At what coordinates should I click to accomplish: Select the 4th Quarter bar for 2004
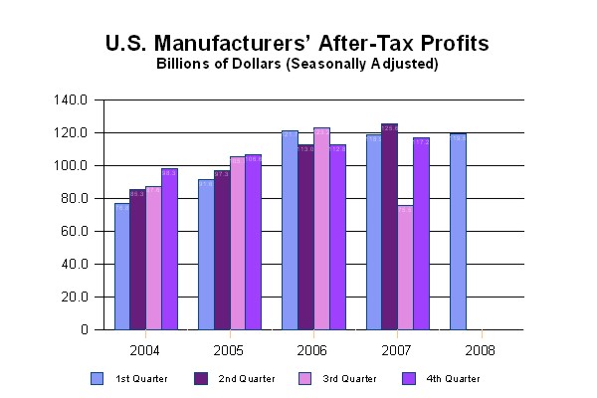coord(169,250)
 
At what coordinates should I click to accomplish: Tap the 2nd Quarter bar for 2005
coord(221,250)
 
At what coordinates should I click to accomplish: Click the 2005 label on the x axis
coord(230,350)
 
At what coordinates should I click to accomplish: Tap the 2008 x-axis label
coord(482,350)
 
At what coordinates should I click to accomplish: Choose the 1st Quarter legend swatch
coord(97,378)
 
